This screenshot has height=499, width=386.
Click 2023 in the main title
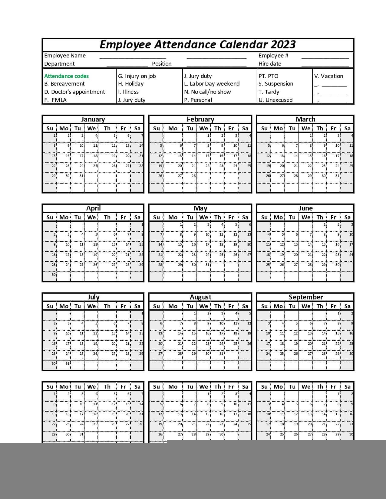point(283,45)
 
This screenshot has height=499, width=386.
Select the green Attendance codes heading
point(66,76)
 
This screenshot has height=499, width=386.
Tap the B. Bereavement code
point(64,84)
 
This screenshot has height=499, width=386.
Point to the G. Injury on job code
point(137,76)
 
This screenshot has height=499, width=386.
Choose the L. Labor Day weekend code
point(212,84)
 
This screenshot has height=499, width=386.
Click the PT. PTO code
point(268,76)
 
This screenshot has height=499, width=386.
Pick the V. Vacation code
point(328,76)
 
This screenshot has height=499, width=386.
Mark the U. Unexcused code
point(275,100)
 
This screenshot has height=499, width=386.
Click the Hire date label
point(270,64)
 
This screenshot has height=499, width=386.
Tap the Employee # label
point(273,56)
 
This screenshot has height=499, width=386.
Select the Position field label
point(162,64)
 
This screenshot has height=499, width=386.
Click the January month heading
point(93,119)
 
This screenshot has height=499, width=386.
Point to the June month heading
point(305,208)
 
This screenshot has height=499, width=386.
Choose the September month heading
point(305,297)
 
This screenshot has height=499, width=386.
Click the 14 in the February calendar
point(194,156)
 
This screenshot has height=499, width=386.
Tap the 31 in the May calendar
point(207,265)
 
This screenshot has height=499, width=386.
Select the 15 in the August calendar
point(194,334)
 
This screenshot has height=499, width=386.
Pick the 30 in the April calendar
point(54,275)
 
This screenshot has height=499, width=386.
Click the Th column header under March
point(320,129)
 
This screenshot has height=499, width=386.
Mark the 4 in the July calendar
point(82,324)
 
